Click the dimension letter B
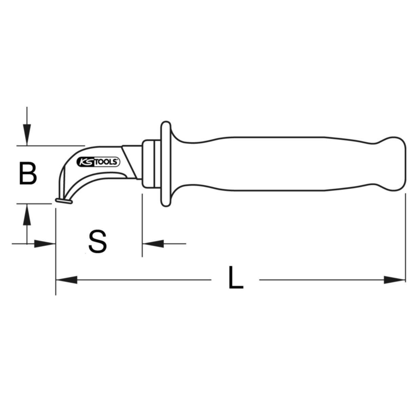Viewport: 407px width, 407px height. [28, 173]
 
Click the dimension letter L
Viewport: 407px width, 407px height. [236, 277]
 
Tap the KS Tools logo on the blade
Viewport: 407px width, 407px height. [98, 162]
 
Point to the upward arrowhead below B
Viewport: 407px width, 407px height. [27, 214]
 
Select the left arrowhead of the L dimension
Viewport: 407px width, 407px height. [66, 280]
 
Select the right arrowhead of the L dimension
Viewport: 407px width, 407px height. [394, 280]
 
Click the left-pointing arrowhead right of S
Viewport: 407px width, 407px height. [153, 244]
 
